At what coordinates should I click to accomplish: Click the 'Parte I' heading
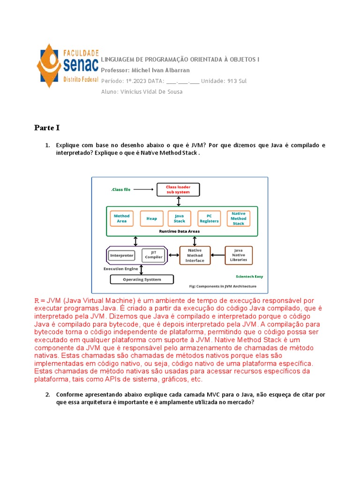47,127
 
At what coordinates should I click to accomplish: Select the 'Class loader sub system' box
178,189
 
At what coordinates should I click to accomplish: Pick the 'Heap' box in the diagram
151,218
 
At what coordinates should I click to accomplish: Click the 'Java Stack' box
180,218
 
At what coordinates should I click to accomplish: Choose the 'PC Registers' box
209,218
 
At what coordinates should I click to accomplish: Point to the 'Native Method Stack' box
239,218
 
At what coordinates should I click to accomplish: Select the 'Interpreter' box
121,255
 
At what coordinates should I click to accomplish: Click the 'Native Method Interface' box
195,255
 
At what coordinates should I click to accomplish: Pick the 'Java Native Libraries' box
239,255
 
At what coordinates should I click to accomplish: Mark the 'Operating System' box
142,279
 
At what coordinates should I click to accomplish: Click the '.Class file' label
121,189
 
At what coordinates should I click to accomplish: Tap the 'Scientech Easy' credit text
249,277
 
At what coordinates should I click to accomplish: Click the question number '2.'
47,395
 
